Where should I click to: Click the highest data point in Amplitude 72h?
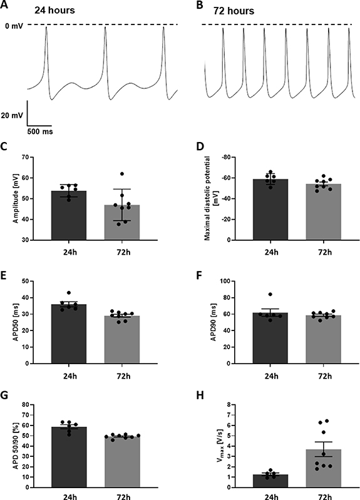point(105,174)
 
